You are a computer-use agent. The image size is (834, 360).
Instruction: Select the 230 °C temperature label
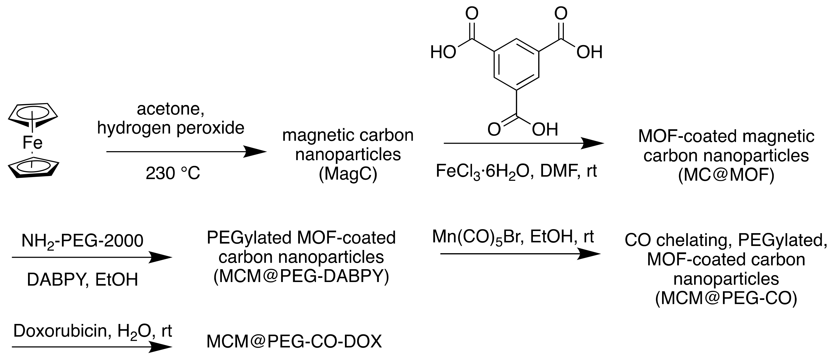pos(173,173)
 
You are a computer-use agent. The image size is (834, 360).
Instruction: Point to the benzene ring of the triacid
pos(516,65)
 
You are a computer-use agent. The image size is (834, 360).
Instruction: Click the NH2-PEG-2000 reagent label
pos(82,241)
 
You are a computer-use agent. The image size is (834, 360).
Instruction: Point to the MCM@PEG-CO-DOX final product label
pos(294,342)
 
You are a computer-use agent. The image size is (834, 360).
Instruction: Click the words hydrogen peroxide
pos(171,128)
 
